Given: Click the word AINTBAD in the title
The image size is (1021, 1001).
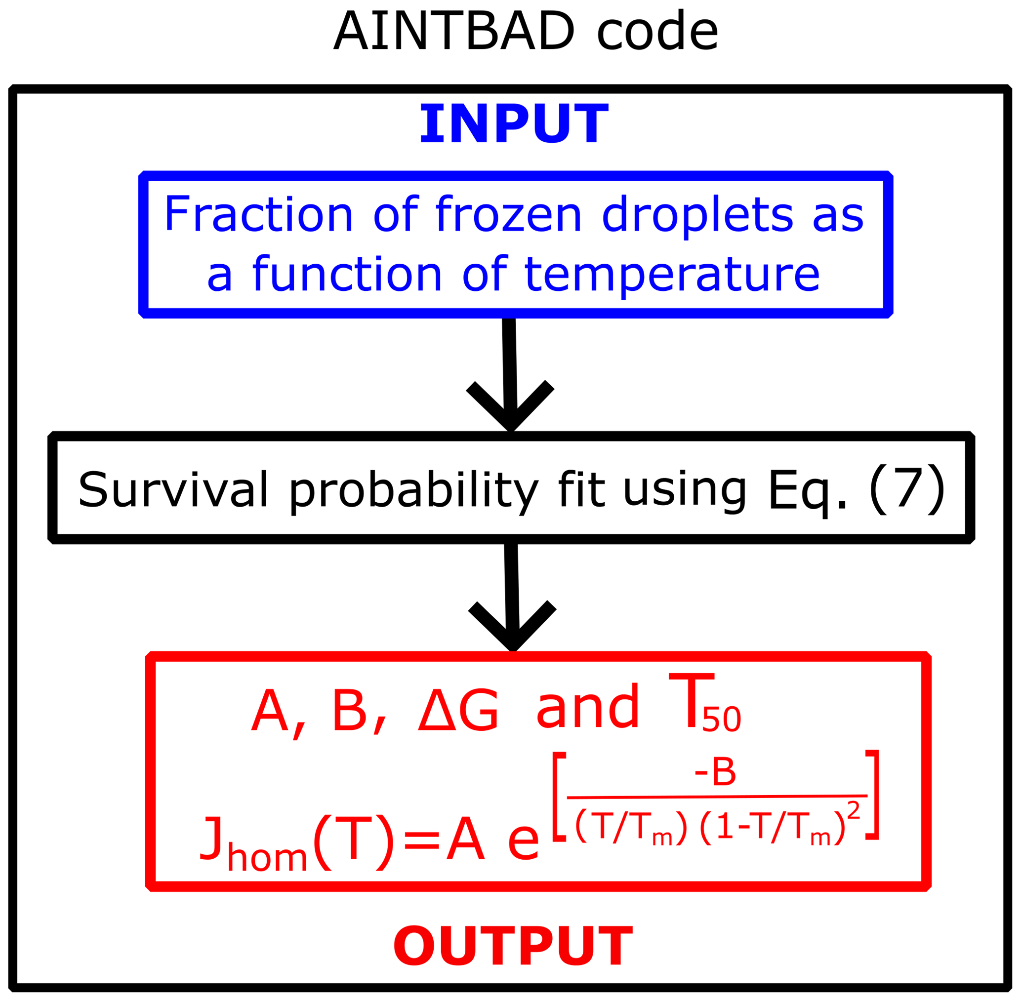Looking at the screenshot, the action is pyautogui.click(x=454, y=31).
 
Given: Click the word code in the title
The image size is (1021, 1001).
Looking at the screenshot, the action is pyautogui.click(x=657, y=31).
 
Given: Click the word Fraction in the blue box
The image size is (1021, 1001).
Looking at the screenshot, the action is pyautogui.click(x=259, y=213).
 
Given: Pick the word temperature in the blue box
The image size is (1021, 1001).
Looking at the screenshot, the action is pyautogui.click(x=672, y=274).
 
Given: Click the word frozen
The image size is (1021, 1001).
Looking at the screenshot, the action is pyautogui.click(x=508, y=213).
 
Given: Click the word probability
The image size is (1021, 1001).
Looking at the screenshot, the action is pyautogui.click(x=414, y=491).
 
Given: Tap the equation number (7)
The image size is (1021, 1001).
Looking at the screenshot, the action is pyautogui.click(x=907, y=489).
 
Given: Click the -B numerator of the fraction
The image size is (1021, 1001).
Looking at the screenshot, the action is pyautogui.click(x=715, y=772).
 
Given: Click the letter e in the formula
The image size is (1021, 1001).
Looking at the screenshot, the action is pyautogui.click(x=524, y=842).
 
